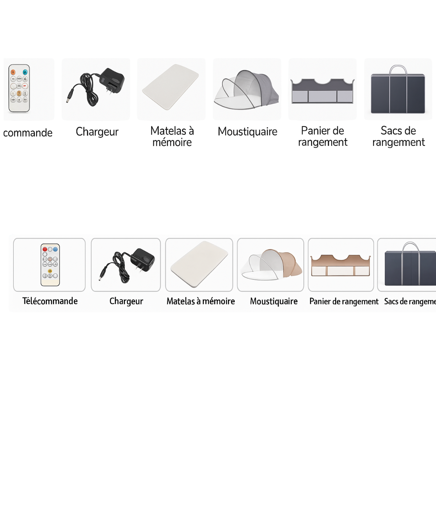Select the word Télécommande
(50, 301)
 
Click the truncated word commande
(28, 133)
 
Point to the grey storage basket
(323, 91)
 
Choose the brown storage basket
(340, 266)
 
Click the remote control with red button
(50, 265)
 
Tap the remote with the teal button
(19, 89)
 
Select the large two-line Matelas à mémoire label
(172, 136)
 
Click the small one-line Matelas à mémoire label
(201, 301)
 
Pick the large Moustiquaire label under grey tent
(247, 131)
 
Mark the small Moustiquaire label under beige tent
(274, 301)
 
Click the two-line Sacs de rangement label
(398, 136)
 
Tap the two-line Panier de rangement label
(323, 136)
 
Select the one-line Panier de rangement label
(344, 302)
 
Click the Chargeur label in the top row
(97, 132)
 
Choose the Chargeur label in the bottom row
(126, 301)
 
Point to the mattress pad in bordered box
(199, 265)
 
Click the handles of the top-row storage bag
(398, 70)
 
